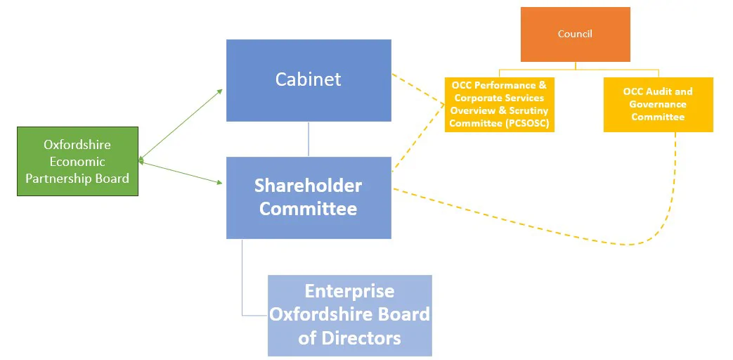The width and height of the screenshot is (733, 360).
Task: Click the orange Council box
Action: click(575, 34)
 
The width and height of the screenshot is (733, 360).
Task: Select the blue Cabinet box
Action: click(309, 79)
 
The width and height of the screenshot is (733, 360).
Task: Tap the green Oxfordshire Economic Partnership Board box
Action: click(77, 161)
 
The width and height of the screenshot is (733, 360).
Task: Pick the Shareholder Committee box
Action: click(309, 198)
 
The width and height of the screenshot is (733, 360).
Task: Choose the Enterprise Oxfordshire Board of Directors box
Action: click(349, 314)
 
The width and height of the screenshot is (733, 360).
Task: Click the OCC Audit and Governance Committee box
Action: click(658, 104)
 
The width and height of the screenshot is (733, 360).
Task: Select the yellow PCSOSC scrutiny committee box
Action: click(499, 104)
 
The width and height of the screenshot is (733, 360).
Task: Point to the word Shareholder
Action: click(308, 186)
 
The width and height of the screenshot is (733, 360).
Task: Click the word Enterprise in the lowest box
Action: click(349, 291)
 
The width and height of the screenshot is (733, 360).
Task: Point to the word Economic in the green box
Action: click(77, 161)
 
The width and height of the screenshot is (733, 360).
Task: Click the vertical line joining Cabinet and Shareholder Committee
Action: click(309, 139)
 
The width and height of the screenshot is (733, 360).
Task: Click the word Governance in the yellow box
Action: click(658, 104)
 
